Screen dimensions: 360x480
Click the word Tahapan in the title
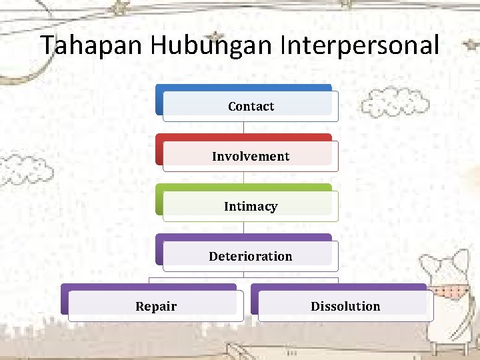click(x=92, y=45)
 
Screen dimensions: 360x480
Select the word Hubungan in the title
click(x=211, y=45)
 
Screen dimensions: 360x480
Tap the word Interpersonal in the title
click(x=360, y=45)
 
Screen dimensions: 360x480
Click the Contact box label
click(x=251, y=107)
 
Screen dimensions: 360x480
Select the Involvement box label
click(x=251, y=157)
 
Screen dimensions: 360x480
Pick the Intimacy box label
click(x=251, y=207)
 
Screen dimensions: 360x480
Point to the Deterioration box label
click(x=251, y=257)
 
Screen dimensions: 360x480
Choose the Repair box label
click(x=156, y=307)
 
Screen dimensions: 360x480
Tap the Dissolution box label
click(x=345, y=307)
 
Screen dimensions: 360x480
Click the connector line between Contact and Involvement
click(x=243, y=128)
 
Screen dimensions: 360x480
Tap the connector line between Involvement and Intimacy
click(x=243, y=178)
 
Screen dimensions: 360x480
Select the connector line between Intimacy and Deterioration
click(x=243, y=228)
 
